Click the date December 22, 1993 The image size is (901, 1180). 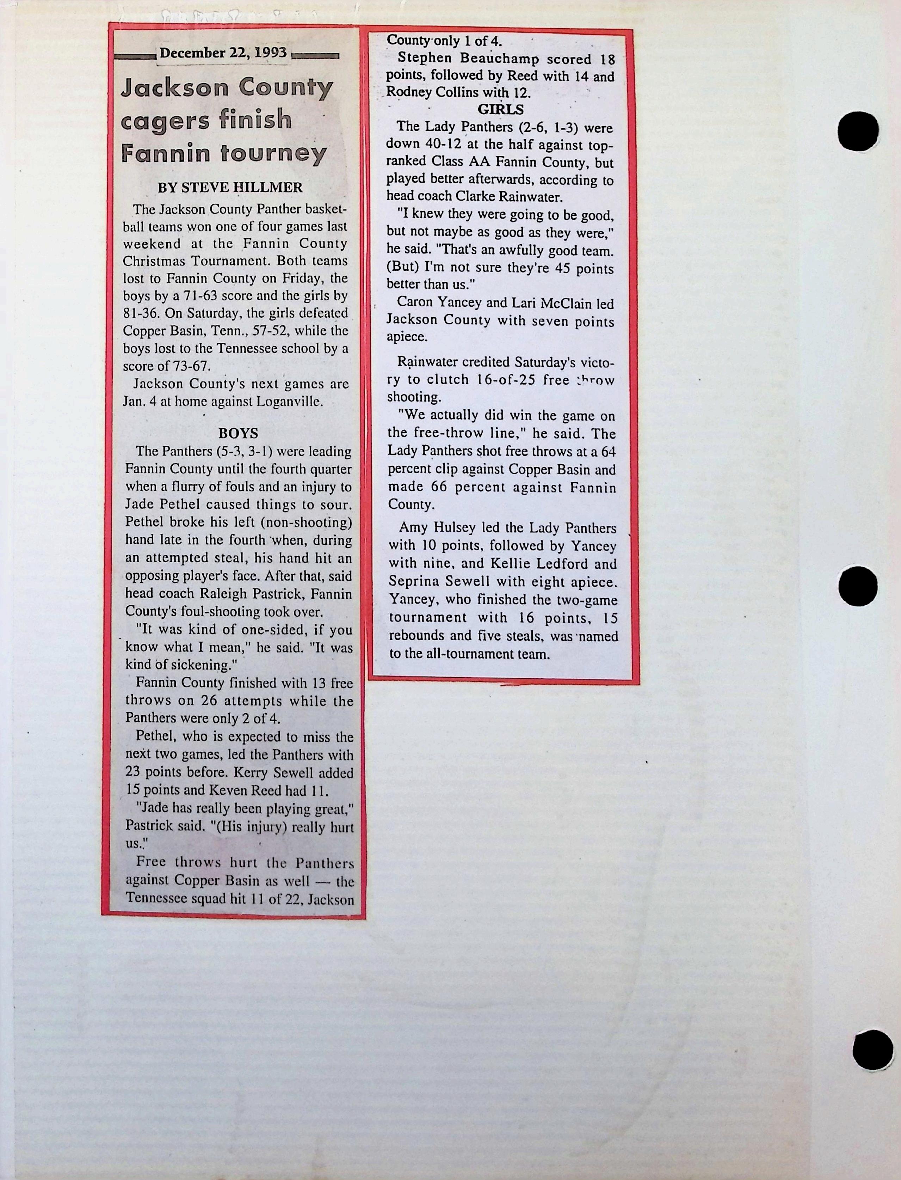[223, 53]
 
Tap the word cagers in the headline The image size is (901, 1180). [165, 120]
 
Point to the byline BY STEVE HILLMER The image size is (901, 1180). [230, 188]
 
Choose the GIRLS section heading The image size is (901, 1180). [500, 109]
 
